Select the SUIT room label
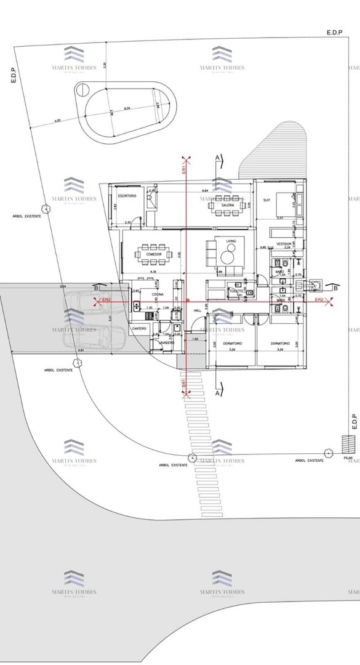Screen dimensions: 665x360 (x=267, y=200)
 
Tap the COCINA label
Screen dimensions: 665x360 (x=150, y=295)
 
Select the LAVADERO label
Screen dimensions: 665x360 (x=166, y=342)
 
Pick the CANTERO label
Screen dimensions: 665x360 (x=139, y=329)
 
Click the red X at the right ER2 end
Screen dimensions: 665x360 (x=330, y=301)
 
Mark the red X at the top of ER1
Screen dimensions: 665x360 (x=186, y=158)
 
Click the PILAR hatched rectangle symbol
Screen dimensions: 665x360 (x=348, y=444)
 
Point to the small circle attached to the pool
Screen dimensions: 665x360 (x=79, y=91)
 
